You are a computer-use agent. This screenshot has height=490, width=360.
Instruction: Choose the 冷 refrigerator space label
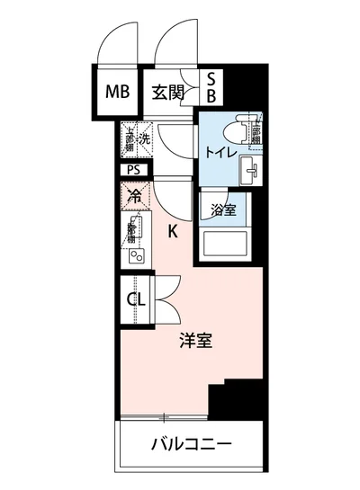(133, 193)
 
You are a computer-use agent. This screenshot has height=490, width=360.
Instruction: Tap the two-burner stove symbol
(136, 254)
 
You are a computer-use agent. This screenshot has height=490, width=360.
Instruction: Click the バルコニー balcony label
(191, 444)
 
